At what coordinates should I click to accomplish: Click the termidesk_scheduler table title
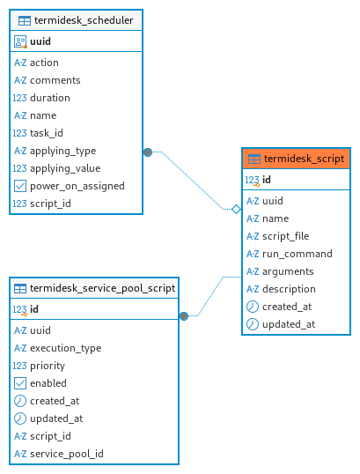pyautogui.click(x=84, y=20)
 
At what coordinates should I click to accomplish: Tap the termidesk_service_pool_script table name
pyautogui.click(x=102, y=288)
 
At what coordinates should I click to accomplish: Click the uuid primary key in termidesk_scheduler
pyautogui.click(x=40, y=41)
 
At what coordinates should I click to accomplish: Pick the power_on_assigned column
pyautogui.click(x=77, y=186)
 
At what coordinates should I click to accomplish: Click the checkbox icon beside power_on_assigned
pyautogui.click(x=20, y=186)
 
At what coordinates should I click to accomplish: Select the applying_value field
pyautogui.click(x=65, y=168)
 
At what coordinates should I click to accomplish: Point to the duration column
pyautogui.click(x=50, y=98)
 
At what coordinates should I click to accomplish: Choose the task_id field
pyautogui.click(x=46, y=133)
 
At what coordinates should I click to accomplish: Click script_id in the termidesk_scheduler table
pyautogui.click(x=50, y=204)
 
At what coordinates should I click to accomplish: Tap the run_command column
pyautogui.click(x=298, y=254)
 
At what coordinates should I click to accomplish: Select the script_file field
pyautogui.click(x=285, y=236)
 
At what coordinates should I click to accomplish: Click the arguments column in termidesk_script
pyautogui.click(x=288, y=271)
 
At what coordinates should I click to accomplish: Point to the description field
pyautogui.click(x=289, y=289)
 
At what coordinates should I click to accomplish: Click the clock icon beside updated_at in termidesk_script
pyautogui.click(x=253, y=324)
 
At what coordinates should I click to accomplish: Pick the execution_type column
pyautogui.click(x=65, y=348)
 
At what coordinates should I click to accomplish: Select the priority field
pyautogui.click(x=48, y=366)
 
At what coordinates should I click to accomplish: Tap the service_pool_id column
pyautogui.click(x=66, y=454)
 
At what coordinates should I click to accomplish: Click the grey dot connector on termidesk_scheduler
pyautogui.click(x=148, y=152)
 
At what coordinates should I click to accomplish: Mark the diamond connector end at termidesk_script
pyautogui.click(x=236, y=209)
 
